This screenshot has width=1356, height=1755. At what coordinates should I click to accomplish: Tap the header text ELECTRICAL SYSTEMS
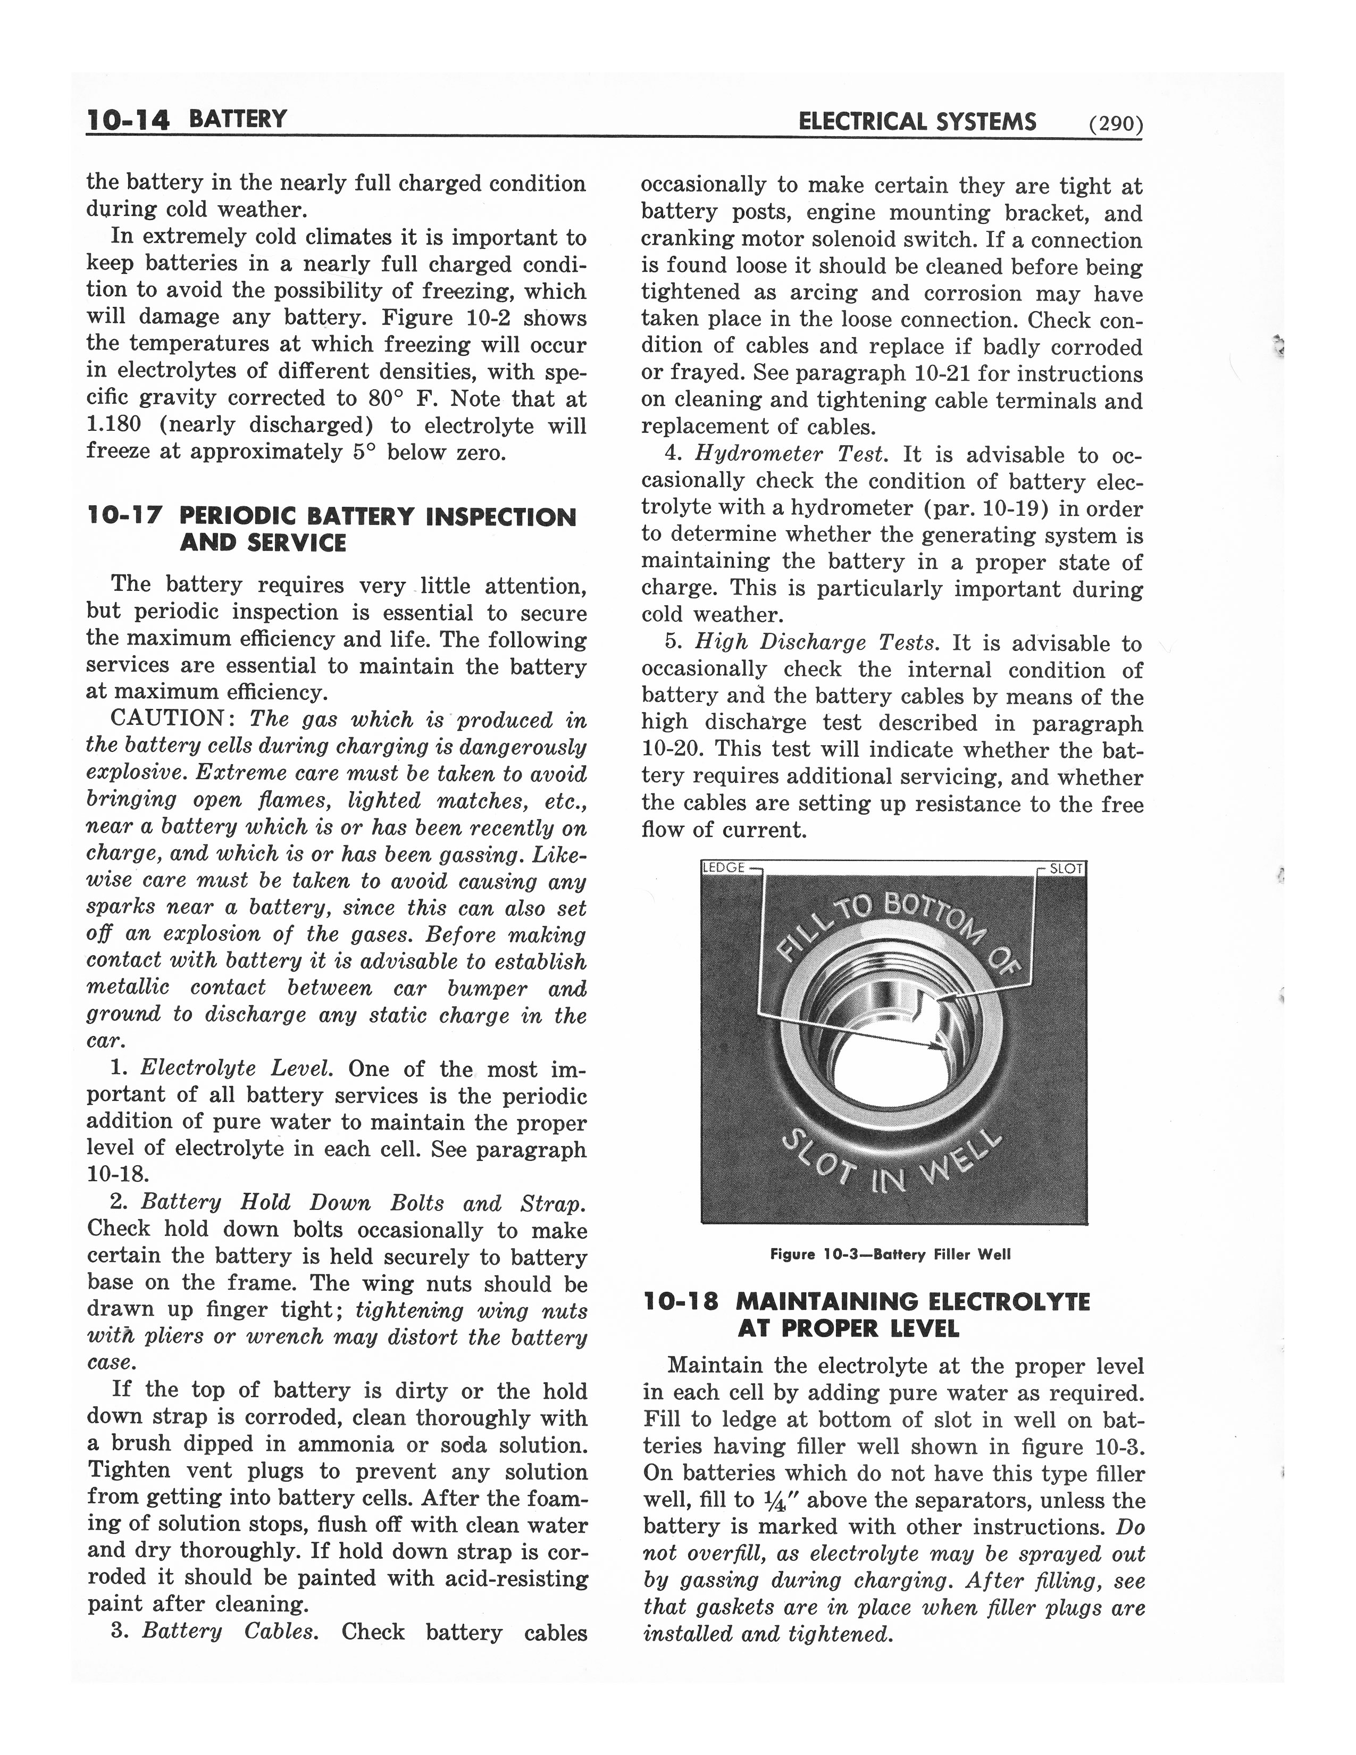pos(917,122)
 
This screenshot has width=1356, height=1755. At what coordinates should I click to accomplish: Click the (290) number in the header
pos(1115,124)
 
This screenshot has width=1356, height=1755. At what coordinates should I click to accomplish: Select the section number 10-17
pos(124,517)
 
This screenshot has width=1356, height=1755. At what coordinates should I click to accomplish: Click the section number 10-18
pos(681,1302)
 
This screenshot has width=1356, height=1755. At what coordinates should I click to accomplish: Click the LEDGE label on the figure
pos(724,868)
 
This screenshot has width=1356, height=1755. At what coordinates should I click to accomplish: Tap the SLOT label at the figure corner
pos(1066,868)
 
